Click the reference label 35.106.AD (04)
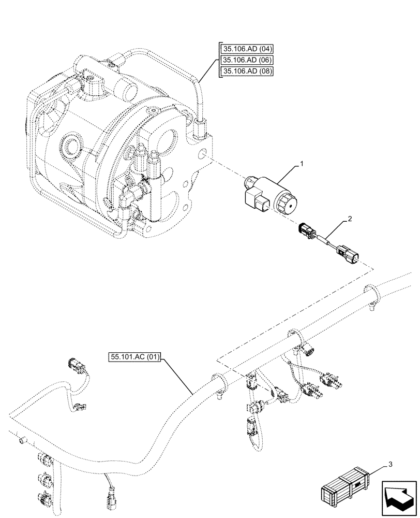[247, 50]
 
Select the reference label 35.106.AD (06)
[247, 61]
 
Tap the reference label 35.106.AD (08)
[247, 71]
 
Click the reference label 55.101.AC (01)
[136, 357]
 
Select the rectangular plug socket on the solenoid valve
[256, 201]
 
